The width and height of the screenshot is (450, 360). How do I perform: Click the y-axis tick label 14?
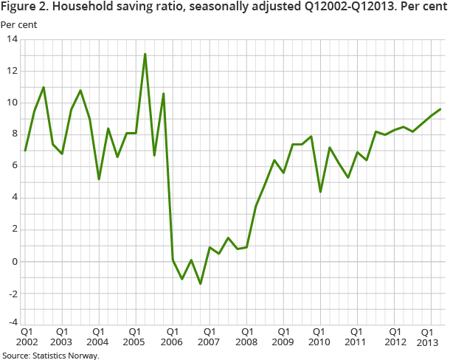pyautogui.click(x=12, y=39)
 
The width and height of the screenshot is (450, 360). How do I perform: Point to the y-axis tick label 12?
pyautogui.click(x=12, y=71)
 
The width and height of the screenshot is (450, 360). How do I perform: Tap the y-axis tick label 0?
pyautogui.click(x=15, y=261)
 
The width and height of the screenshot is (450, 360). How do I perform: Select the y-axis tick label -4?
pyautogui.click(x=13, y=322)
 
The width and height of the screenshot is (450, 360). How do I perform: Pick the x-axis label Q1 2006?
pyautogui.click(x=171, y=337)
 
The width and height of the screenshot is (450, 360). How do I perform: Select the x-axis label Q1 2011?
pyautogui.click(x=356, y=337)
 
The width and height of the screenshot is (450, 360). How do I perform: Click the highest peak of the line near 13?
pyautogui.click(x=145, y=54)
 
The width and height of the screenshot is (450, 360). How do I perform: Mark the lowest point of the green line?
pyautogui.click(x=200, y=284)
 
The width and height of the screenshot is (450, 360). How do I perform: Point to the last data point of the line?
pyautogui.click(x=440, y=109)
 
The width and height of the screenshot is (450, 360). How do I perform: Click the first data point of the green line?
pyautogui.click(x=26, y=150)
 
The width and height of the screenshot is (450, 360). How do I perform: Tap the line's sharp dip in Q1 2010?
pyautogui.click(x=320, y=192)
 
